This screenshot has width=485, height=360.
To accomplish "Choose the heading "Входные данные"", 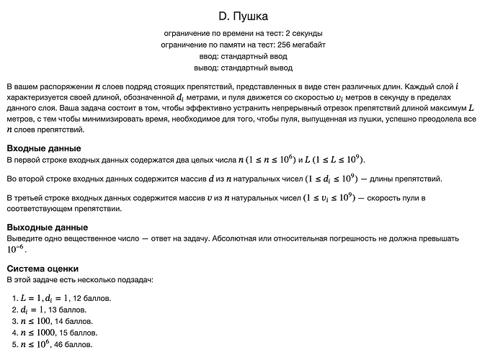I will (x=43, y=148).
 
